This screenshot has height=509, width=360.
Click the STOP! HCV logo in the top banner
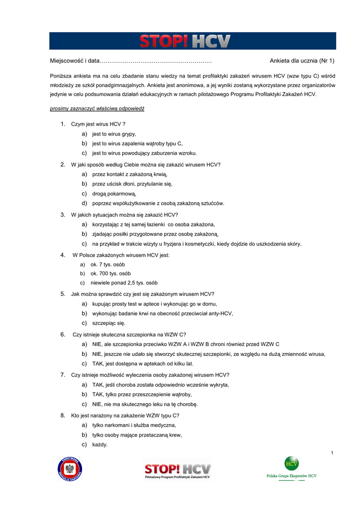click(184, 41)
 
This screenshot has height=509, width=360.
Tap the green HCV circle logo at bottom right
click(291, 463)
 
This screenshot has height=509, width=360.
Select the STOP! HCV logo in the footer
click(178, 469)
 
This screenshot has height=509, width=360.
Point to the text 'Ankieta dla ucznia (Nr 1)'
click(302, 61)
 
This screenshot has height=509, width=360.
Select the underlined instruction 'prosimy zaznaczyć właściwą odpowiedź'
click(97, 108)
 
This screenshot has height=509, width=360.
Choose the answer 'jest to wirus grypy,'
click(114, 134)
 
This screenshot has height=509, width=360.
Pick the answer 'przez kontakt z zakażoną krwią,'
click(130, 174)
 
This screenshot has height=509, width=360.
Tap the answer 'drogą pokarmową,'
click(114, 193)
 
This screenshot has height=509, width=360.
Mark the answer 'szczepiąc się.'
click(109, 323)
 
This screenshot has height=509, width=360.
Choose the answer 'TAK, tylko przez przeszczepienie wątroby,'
click(142, 394)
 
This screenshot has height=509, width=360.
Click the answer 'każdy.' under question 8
click(100, 444)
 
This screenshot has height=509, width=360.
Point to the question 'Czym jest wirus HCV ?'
click(98, 124)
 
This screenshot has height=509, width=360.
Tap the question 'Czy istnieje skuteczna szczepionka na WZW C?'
click(129, 335)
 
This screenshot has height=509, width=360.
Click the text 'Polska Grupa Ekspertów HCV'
click(291, 476)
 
